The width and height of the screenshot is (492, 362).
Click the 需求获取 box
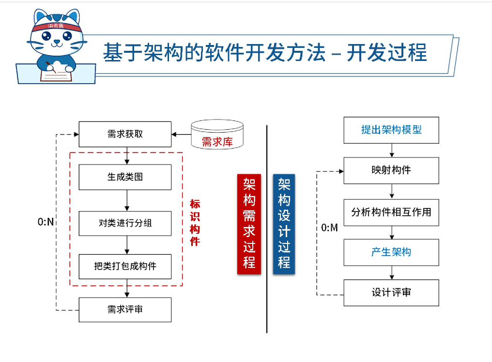click(125, 134)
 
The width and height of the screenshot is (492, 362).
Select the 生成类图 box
click(125, 177)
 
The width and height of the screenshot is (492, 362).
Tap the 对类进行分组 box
click(125, 224)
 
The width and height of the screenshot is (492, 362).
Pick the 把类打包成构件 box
click(125, 266)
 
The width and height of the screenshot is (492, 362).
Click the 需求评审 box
click(125, 310)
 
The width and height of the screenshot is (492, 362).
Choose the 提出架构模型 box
click(391, 130)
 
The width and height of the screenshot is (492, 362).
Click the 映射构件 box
click(391, 170)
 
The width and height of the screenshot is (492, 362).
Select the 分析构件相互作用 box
click(391, 212)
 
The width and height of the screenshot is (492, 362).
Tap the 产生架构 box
click(391, 252)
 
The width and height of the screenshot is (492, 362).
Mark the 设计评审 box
click(391, 292)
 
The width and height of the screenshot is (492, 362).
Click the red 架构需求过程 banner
click(249, 224)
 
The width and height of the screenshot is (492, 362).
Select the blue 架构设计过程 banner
click(284, 224)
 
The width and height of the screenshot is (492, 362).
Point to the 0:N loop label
click(46, 222)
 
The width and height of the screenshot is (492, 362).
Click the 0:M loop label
click(329, 227)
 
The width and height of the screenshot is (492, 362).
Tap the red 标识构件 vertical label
click(195, 222)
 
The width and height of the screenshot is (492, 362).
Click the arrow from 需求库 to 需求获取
click(181, 134)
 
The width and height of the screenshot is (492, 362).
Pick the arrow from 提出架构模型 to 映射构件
click(391, 150)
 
